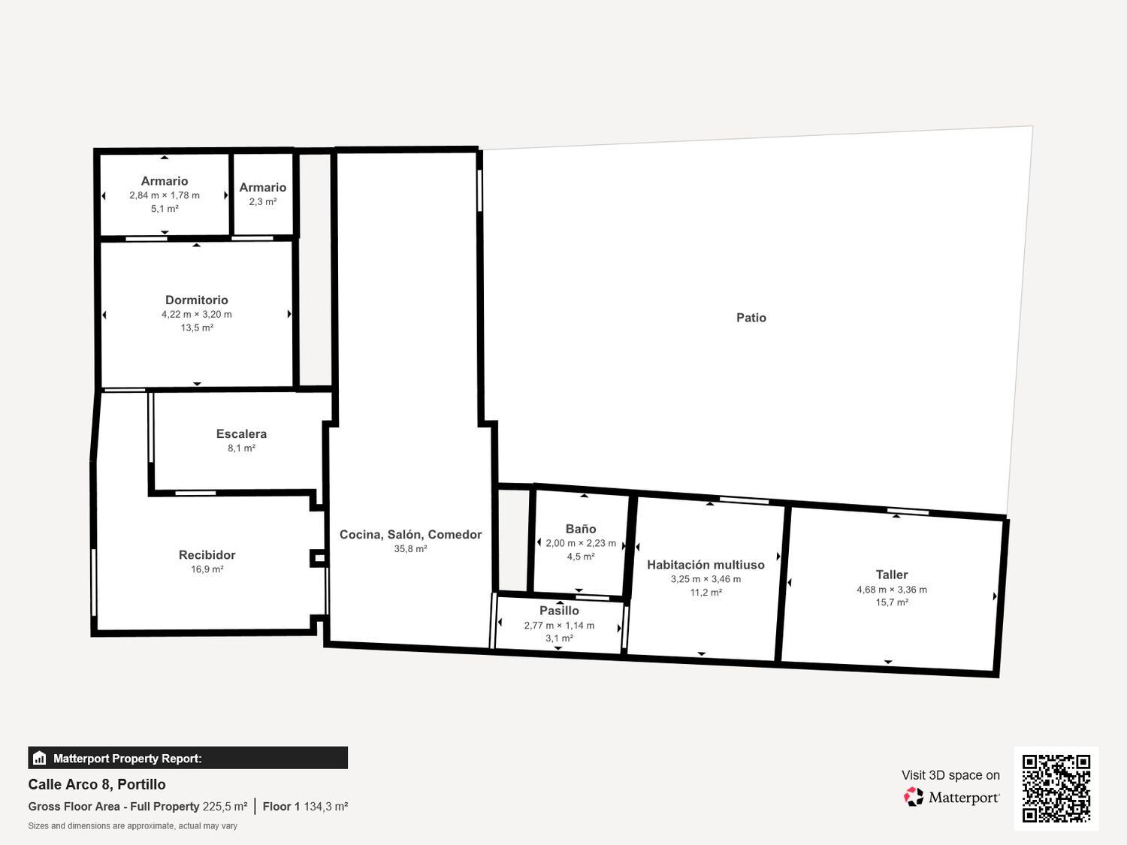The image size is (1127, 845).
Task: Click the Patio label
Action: click(751, 318)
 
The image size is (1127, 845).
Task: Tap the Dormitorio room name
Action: click(196, 300)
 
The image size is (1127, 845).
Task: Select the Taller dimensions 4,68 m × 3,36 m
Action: click(891, 590)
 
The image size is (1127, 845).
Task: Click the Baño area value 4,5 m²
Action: click(580, 557)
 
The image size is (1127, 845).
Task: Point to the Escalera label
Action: click(241, 433)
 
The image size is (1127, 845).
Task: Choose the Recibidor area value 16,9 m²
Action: click(207, 569)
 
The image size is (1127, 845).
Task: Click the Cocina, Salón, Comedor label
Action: click(410, 534)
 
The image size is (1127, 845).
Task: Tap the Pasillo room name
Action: click(559, 611)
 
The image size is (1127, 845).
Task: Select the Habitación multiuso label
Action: click(706, 565)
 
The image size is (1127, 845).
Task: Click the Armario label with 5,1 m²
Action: click(165, 181)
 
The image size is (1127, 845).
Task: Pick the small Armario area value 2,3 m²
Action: click(262, 201)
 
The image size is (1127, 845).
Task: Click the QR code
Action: click(1056, 788)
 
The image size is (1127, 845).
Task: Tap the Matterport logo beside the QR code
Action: click(951, 797)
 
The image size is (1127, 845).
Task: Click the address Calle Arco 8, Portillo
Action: click(97, 784)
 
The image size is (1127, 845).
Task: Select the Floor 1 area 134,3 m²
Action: click(325, 807)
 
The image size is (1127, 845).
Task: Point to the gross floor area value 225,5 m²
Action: click(225, 807)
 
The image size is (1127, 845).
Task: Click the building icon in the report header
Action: click(40, 758)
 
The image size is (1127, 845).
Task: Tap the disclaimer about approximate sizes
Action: click(132, 825)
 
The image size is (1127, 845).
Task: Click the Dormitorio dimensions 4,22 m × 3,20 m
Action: click(196, 314)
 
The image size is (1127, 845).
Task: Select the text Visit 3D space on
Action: click(950, 775)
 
